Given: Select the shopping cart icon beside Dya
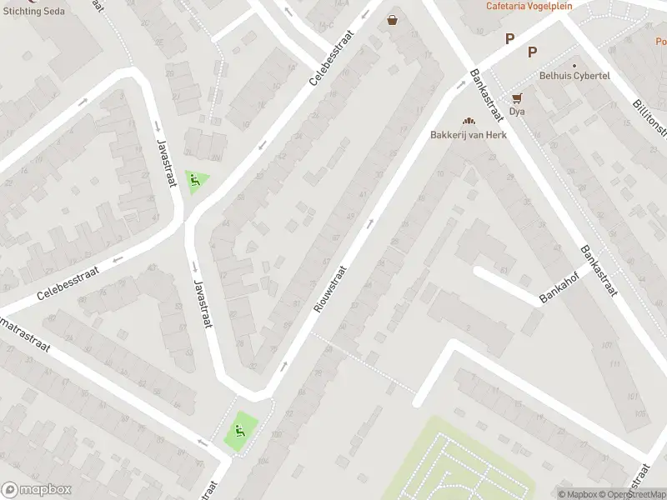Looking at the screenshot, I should tap(517, 97).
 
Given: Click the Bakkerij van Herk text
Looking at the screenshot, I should tap(468, 135).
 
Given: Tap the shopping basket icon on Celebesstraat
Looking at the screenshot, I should tap(393, 21).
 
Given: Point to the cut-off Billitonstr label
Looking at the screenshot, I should tap(649, 113).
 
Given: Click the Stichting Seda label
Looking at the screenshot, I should tap(33, 11).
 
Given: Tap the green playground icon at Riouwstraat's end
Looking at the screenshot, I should tap(241, 431).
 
